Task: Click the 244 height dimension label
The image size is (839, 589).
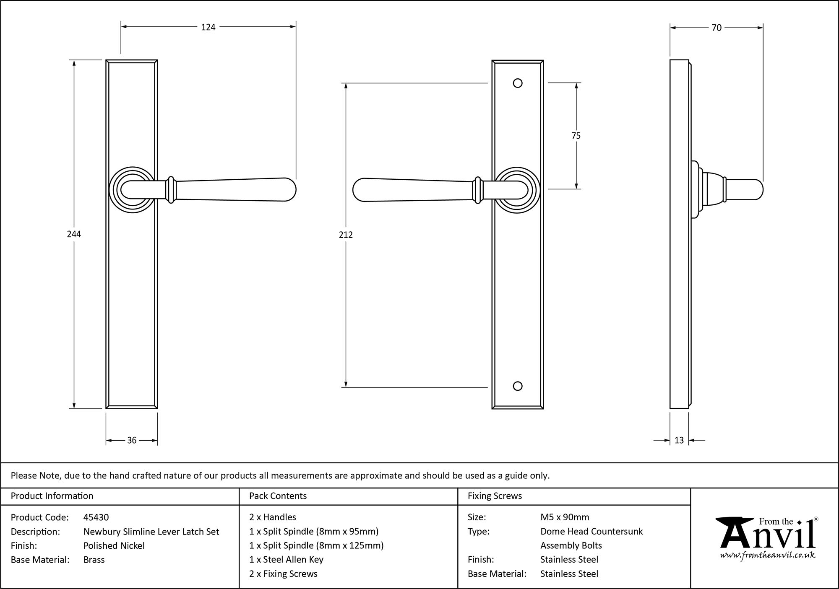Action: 74,234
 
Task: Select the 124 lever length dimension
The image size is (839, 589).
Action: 208,27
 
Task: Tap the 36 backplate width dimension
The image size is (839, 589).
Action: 132,440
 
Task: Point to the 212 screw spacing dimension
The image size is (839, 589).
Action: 346,235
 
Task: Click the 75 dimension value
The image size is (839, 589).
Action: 576,136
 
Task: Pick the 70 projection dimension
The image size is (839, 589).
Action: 717,28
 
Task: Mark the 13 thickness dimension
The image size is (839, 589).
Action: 679,440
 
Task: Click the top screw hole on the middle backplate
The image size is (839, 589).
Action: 518,83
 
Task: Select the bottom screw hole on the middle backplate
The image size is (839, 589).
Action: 518,386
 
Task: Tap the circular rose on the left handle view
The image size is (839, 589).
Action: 131,190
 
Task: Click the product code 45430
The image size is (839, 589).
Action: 96,517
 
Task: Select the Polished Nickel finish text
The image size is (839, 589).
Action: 114,545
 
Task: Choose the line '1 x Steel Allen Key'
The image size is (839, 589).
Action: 286,559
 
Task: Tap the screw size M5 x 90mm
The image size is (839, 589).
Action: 565,517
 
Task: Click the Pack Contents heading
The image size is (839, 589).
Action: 278,496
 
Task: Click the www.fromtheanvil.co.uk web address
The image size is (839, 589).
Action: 768,555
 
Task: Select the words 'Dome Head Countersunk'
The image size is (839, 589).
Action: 591,532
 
